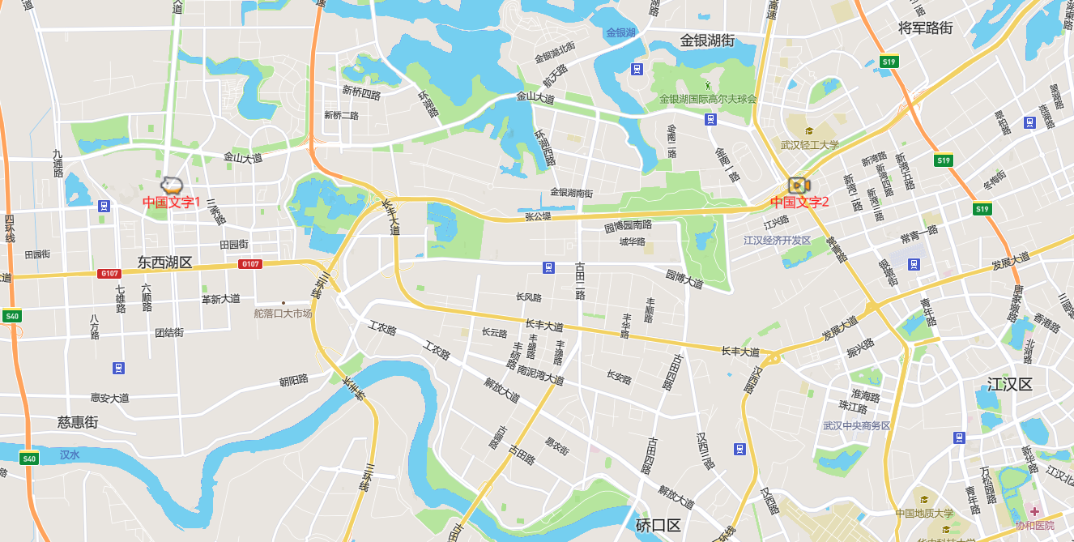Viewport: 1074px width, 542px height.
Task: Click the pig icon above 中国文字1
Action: tap(172, 184)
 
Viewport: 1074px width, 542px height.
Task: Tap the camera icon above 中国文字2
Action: tap(799, 186)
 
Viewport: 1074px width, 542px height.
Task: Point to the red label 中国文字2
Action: tap(799, 203)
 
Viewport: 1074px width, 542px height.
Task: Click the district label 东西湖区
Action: tap(164, 262)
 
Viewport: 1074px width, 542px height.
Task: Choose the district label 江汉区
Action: tap(1010, 384)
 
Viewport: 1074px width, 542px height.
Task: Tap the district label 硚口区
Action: tap(658, 525)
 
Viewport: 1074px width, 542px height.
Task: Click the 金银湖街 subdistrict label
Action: tap(707, 40)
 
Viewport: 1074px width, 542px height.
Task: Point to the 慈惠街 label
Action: tap(78, 422)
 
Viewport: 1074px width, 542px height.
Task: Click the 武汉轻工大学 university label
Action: tap(810, 145)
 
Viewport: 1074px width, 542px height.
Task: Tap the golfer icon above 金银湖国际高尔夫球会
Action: tap(708, 84)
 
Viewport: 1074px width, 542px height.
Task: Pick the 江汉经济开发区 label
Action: tap(778, 240)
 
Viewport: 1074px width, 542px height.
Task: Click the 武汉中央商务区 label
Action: tap(857, 425)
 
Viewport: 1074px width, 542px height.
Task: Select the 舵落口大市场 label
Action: tap(283, 313)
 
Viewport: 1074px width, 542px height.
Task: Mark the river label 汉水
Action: tap(70, 455)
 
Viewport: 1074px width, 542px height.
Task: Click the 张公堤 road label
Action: tap(538, 216)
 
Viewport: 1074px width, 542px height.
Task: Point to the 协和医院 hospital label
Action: tap(1035, 525)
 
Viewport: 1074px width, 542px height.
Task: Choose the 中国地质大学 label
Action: tap(925, 513)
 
